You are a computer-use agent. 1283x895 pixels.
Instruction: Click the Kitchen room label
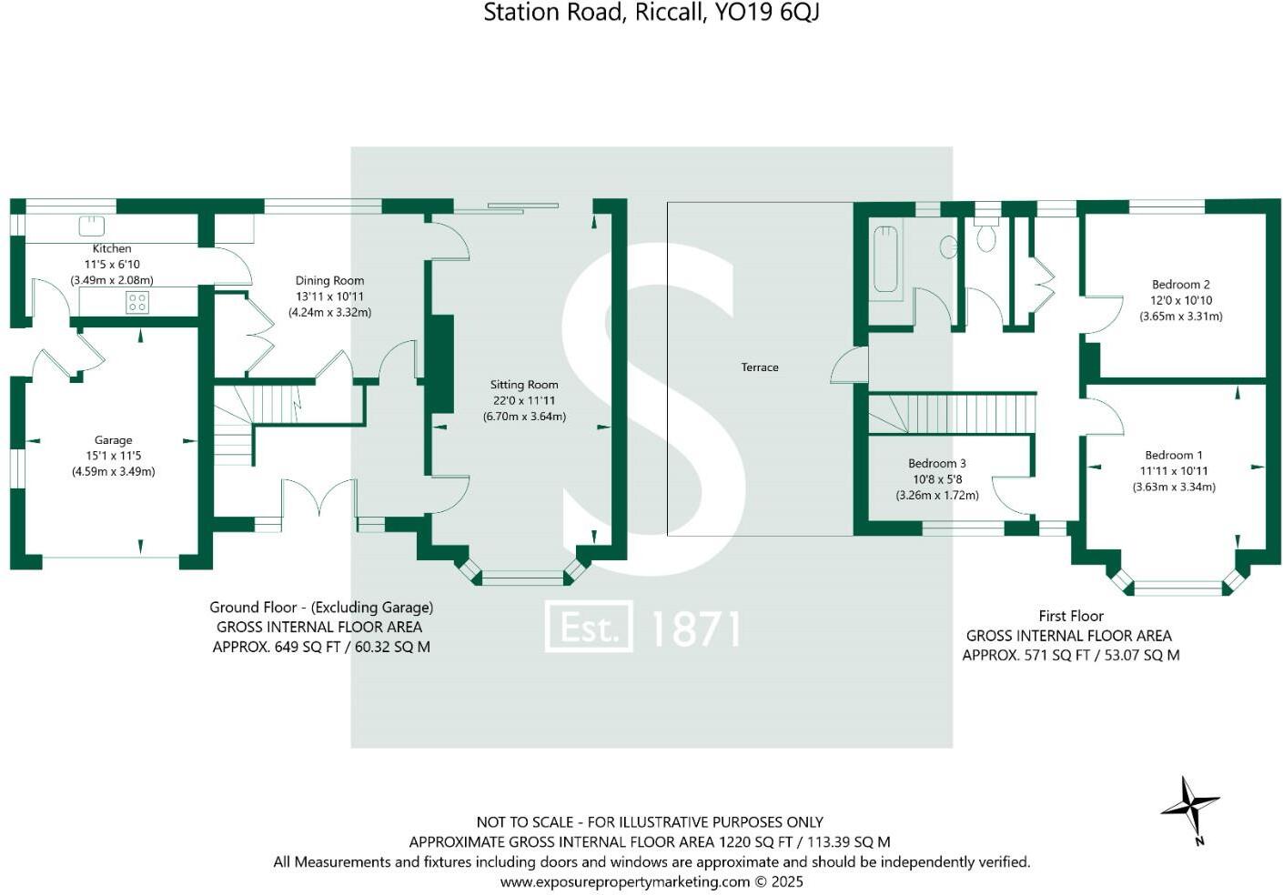pos(112,248)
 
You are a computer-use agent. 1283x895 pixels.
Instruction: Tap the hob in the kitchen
pos(137,302)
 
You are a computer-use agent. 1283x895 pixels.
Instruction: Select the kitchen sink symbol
pos(91,225)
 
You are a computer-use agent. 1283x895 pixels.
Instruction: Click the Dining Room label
pos(329,281)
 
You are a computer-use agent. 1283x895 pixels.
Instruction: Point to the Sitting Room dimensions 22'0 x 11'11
pos(524,400)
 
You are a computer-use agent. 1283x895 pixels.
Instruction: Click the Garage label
pos(114,440)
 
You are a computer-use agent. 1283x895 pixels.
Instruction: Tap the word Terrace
pos(760,367)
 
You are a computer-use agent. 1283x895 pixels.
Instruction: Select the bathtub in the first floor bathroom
pos(885,258)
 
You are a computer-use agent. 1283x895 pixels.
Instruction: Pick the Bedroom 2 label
pos(1180,285)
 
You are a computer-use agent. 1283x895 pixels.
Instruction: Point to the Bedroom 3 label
pos(937,464)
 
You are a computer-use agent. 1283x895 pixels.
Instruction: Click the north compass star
pos(1190,807)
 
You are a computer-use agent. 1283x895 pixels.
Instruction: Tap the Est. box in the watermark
pos(588,628)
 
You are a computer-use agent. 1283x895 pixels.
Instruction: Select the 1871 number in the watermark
pos(696,629)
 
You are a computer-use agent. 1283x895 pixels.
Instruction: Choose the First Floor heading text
pos(1071,616)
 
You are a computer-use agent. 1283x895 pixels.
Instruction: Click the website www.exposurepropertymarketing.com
pos(625,881)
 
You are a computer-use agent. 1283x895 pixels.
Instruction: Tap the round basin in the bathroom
pos(949,246)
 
